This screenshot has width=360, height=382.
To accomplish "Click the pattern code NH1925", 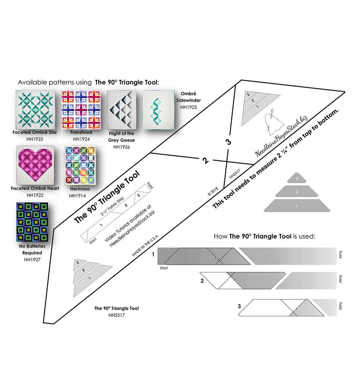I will tap(188, 107).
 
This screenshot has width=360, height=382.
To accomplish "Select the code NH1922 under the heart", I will tap(35, 195).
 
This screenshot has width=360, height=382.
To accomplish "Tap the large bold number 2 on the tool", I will tap(205, 161).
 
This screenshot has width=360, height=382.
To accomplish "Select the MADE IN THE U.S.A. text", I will tap(145, 245).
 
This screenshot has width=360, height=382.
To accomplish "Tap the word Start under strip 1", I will tap(164, 268).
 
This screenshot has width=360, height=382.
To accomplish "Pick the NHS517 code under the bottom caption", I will tap(117, 315).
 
